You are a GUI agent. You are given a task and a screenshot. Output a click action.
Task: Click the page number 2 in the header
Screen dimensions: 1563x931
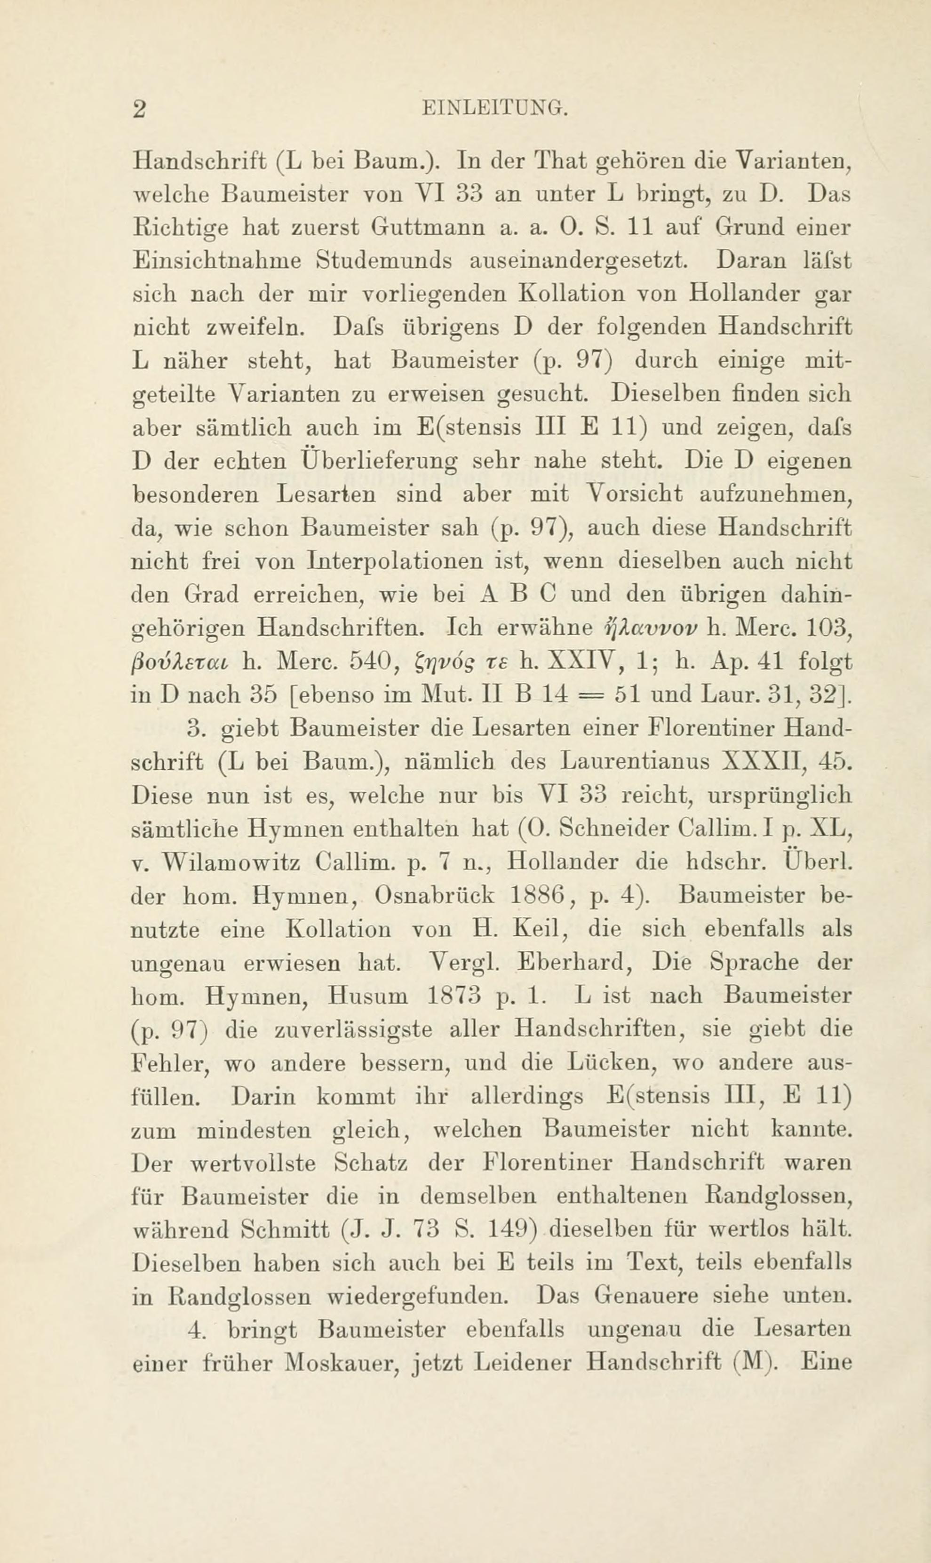pyautogui.click(x=139, y=109)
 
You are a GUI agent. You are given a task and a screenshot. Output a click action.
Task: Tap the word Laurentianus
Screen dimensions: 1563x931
pyautogui.click(x=634, y=761)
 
